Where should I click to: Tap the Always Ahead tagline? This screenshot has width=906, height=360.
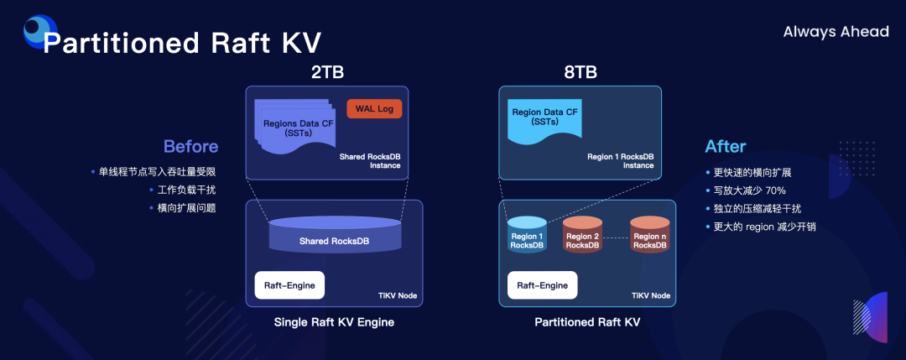click(836, 32)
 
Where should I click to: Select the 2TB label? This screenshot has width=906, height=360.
click(327, 72)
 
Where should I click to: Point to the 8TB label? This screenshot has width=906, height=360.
click(581, 72)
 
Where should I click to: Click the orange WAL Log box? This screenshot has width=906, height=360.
click(374, 109)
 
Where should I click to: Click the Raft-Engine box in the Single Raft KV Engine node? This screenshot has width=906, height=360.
click(289, 285)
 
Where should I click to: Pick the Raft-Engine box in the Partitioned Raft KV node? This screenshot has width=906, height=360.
click(542, 285)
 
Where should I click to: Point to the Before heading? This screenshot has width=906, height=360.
click(190, 146)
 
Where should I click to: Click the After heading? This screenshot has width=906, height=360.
click(725, 146)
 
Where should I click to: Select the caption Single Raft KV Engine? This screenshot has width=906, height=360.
click(334, 321)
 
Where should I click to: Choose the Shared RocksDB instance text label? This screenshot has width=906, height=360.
click(370, 161)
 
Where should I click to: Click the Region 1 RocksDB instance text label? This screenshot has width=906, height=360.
click(620, 161)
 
